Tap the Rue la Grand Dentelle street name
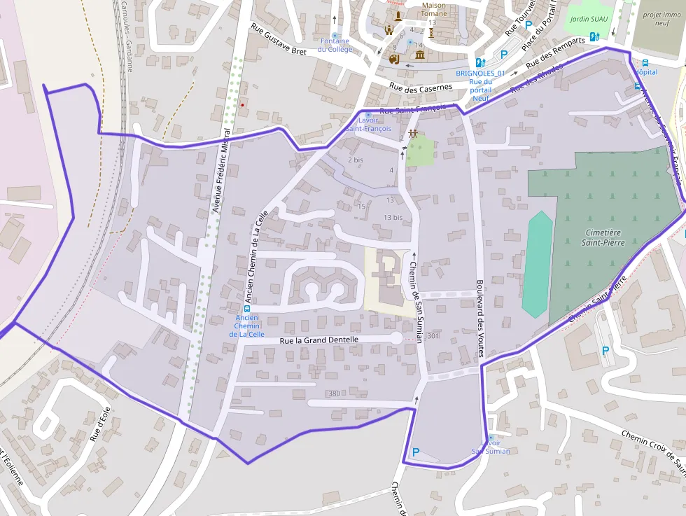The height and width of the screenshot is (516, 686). click(x=318, y=340)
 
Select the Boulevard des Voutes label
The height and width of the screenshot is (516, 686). click(x=480, y=309)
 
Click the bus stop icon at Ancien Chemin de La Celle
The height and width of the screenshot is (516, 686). click(x=246, y=309)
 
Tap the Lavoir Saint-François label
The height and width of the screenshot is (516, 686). click(x=368, y=124)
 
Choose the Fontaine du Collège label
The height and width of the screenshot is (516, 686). click(x=335, y=45)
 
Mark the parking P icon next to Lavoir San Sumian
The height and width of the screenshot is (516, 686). click(x=416, y=452)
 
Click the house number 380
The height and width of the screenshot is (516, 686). click(x=334, y=393)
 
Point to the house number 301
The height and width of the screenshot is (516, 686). click(x=432, y=337)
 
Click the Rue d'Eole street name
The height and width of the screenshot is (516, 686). click(x=100, y=424)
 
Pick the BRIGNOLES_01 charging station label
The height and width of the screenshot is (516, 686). click(x=480, y=73)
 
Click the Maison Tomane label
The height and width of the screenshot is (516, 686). click(x=433, y=9)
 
